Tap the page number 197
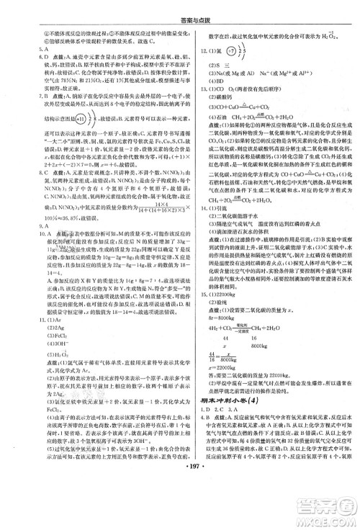tap(181, 516)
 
